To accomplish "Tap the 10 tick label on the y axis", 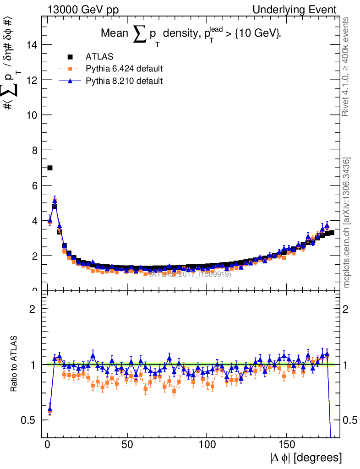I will tap(33, 115).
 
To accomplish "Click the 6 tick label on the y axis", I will tap(34, 185).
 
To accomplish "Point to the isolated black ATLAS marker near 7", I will tap(50, 168).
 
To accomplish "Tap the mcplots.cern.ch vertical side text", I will tap(347, 223).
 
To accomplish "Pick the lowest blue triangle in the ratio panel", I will tap(50, 409).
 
